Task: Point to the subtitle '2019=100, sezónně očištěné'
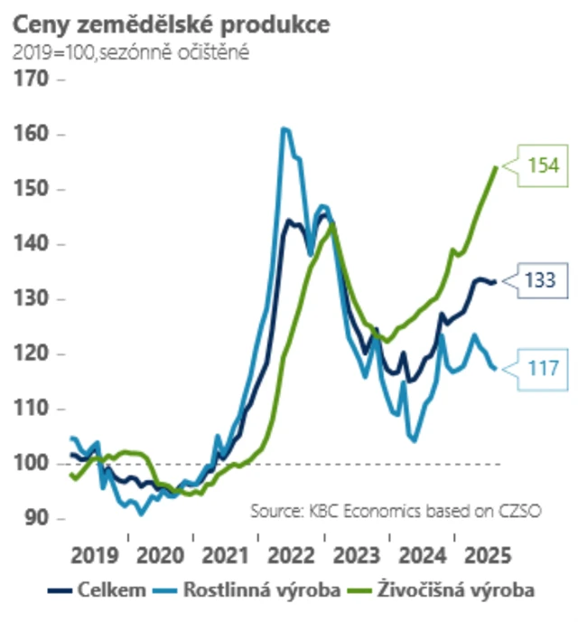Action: tap(131, 52)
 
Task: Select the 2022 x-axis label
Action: tap(293, 552)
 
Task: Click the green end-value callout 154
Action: tap(544, 165)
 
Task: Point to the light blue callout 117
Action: tap(544, 368)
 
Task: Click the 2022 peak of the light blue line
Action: tap(284, 128)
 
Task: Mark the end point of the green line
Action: tap(496, 166)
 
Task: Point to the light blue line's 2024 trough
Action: tap(415, 440)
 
